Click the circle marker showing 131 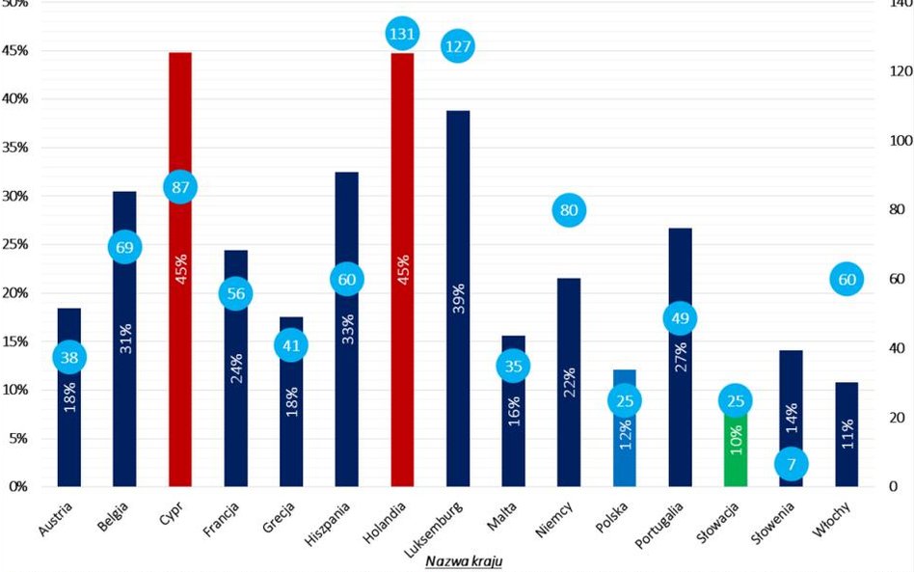point(402,34)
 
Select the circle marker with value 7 point(791,465)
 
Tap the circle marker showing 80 point(569,209)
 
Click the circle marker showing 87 point(180,187)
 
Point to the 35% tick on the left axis point(16,148)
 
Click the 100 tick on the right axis point(899,141)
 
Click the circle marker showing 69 point(125,247)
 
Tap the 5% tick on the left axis point(19,438)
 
